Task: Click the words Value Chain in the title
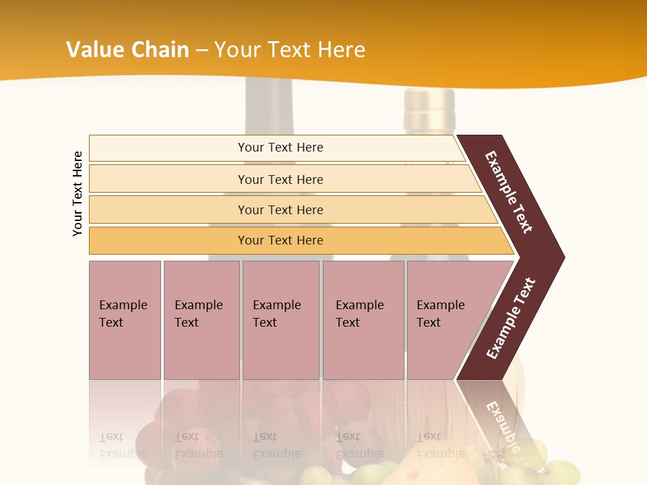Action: (127, 50)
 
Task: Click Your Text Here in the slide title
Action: (290, 50)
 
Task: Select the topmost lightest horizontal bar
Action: (276, 148)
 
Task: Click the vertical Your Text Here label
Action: (78, 193)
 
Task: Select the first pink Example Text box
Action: (125, 319)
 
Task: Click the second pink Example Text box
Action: (201, 319)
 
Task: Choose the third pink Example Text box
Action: (280, 319)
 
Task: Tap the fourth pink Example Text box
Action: (363, 319)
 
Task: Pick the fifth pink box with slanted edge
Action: (445, 319)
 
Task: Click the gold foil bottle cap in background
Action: (429, 101)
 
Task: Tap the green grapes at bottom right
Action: (553, 465)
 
